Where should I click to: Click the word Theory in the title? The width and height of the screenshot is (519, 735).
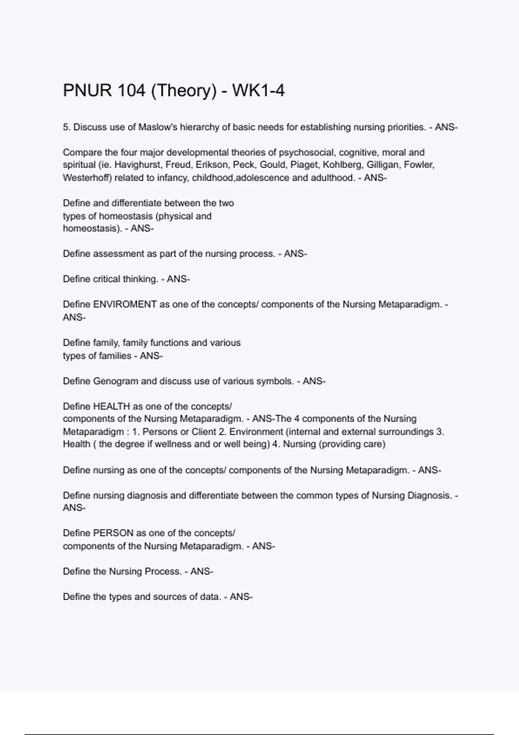pos(183,91)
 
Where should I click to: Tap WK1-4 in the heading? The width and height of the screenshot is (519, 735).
pos(258,91)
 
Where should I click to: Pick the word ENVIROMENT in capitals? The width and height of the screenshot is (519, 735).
pos(125,304)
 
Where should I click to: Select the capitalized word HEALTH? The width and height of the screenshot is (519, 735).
pos(112,406)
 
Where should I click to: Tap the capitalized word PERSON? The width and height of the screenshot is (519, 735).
pos(113,533)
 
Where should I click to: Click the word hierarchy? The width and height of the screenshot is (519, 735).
pos(200,127)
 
